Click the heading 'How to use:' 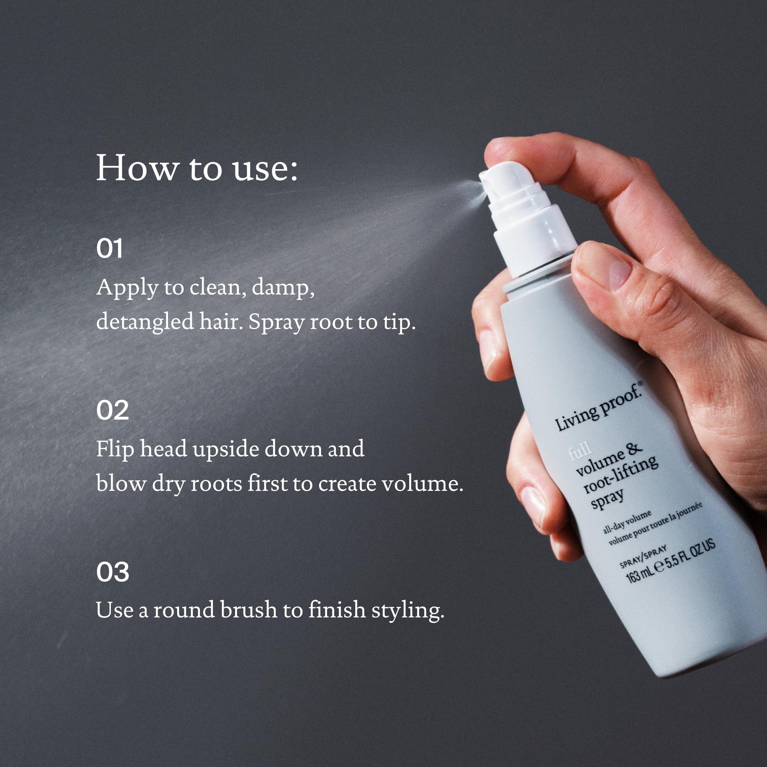coord(196,168)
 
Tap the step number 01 coord(109,249)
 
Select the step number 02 coord(112,410)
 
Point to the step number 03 coord(112,572)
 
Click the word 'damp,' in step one coord(283,287)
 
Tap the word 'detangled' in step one coord(145,322)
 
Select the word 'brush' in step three coord(248,609)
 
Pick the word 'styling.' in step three coord(407,610)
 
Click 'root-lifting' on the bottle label coord(621,475)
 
